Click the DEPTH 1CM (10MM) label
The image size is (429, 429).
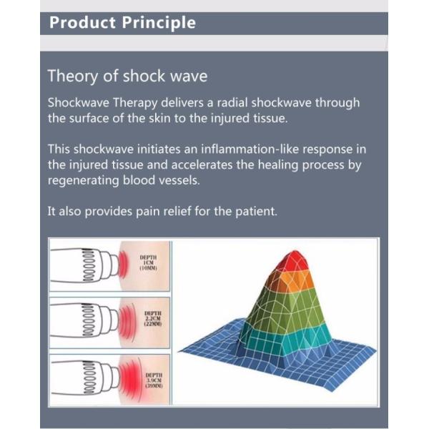[149, 262]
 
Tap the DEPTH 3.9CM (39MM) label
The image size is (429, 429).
[153, 380]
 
